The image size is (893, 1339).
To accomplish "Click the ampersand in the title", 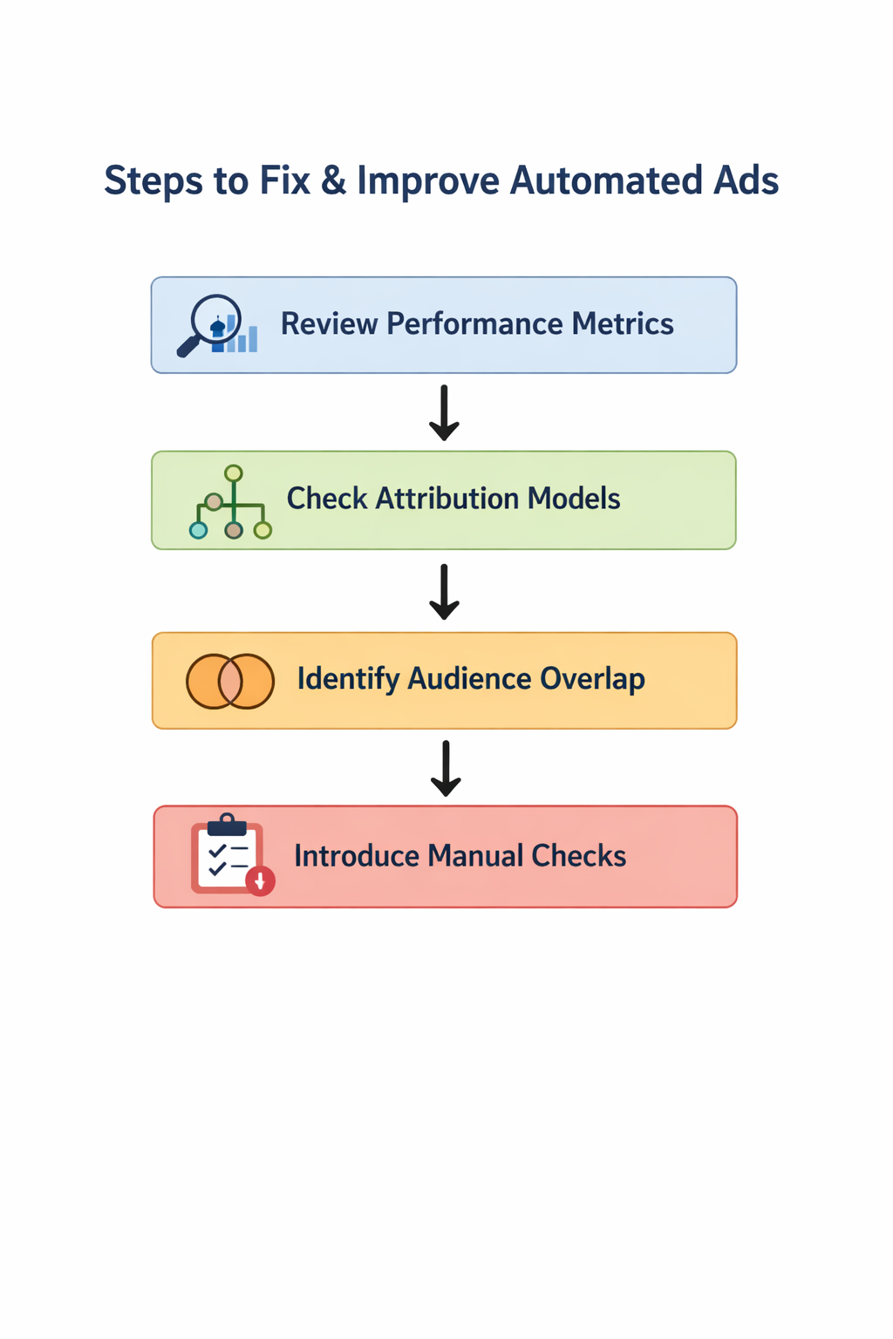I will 333,181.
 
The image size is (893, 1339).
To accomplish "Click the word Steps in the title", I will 153,181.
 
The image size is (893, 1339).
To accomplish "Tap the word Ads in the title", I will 746,181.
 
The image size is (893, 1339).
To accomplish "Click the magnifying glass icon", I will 209,324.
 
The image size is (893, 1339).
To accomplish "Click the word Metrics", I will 623,324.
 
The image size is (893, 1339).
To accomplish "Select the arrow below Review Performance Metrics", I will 444,412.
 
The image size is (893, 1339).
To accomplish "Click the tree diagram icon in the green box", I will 231,503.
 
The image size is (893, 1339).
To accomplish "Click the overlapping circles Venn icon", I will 230,681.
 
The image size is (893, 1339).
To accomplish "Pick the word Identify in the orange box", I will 348,679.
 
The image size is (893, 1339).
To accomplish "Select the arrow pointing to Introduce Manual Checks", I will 446,768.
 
